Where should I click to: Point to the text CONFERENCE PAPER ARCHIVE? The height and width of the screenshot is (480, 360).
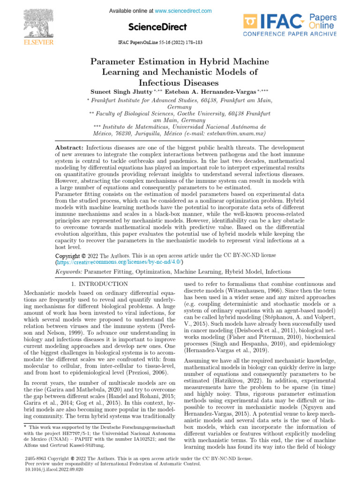[x=290, y=34]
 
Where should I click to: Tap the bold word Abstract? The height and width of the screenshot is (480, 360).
[x=69, y=148]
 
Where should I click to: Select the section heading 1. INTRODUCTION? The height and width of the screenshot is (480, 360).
[x=99, y=284]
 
